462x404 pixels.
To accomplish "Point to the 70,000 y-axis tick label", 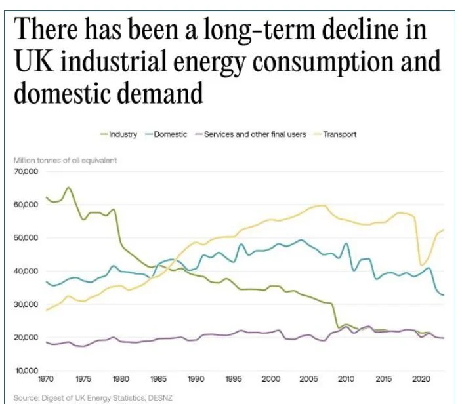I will (x=26, y=172).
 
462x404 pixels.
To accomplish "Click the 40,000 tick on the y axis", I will (x=26, y=272).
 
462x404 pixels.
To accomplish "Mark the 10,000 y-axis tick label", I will (x=26, y=371).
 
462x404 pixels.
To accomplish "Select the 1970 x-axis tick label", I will (x=47, y=380).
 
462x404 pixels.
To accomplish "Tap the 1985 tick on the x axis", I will (x=159, y=380).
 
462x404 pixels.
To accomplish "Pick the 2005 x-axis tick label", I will (x=308, y=380).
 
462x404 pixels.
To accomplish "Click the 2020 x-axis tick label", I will (x=419, y=380).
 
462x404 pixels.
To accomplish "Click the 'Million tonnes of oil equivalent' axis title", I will (x=65, y=161).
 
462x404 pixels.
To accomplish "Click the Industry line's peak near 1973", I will (x=68, y=188).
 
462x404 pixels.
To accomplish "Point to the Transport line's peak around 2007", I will (x=322, y=205).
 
